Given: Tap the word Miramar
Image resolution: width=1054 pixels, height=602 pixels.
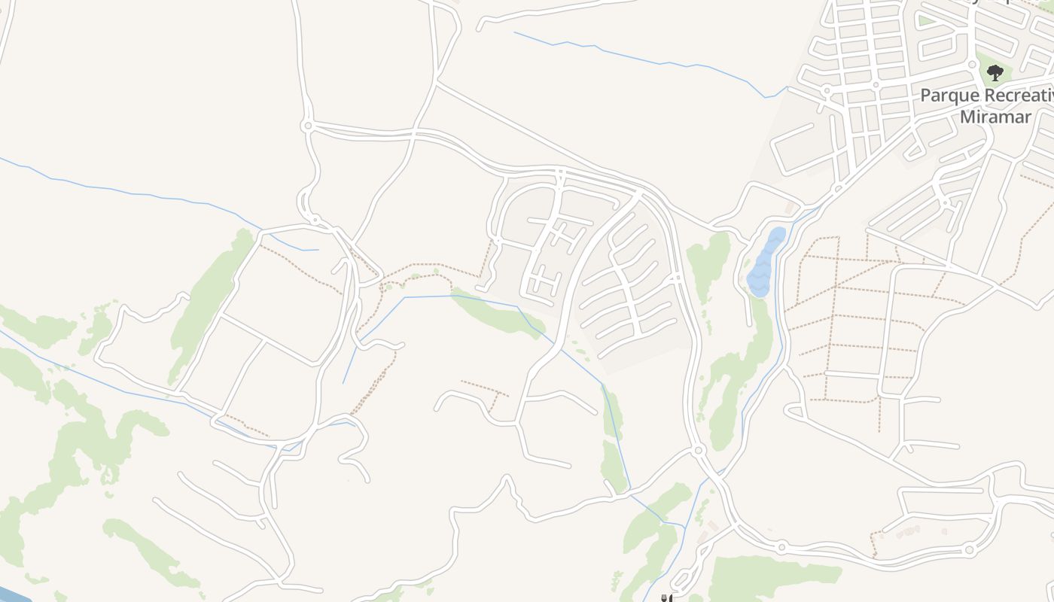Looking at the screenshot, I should pyautogui.click(x=995, y=117).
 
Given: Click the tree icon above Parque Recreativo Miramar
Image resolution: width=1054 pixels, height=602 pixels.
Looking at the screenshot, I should pyautogui.click(x=995, y=73).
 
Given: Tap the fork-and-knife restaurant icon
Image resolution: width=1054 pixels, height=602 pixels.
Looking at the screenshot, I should pyautogui.click(x=666, y=598).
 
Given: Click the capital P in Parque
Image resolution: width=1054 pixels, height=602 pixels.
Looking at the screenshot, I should pyautogui.click(x=927, y=96).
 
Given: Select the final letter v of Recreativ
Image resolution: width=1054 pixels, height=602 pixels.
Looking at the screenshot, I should pyautogui.click(x=1049, y=96).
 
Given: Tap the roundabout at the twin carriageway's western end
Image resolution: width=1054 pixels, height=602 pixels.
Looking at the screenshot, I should pyautogui.click(x=306, y=126).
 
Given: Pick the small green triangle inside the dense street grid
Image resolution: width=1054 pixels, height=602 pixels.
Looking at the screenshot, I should pyautogui.click(x=925, y=21).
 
